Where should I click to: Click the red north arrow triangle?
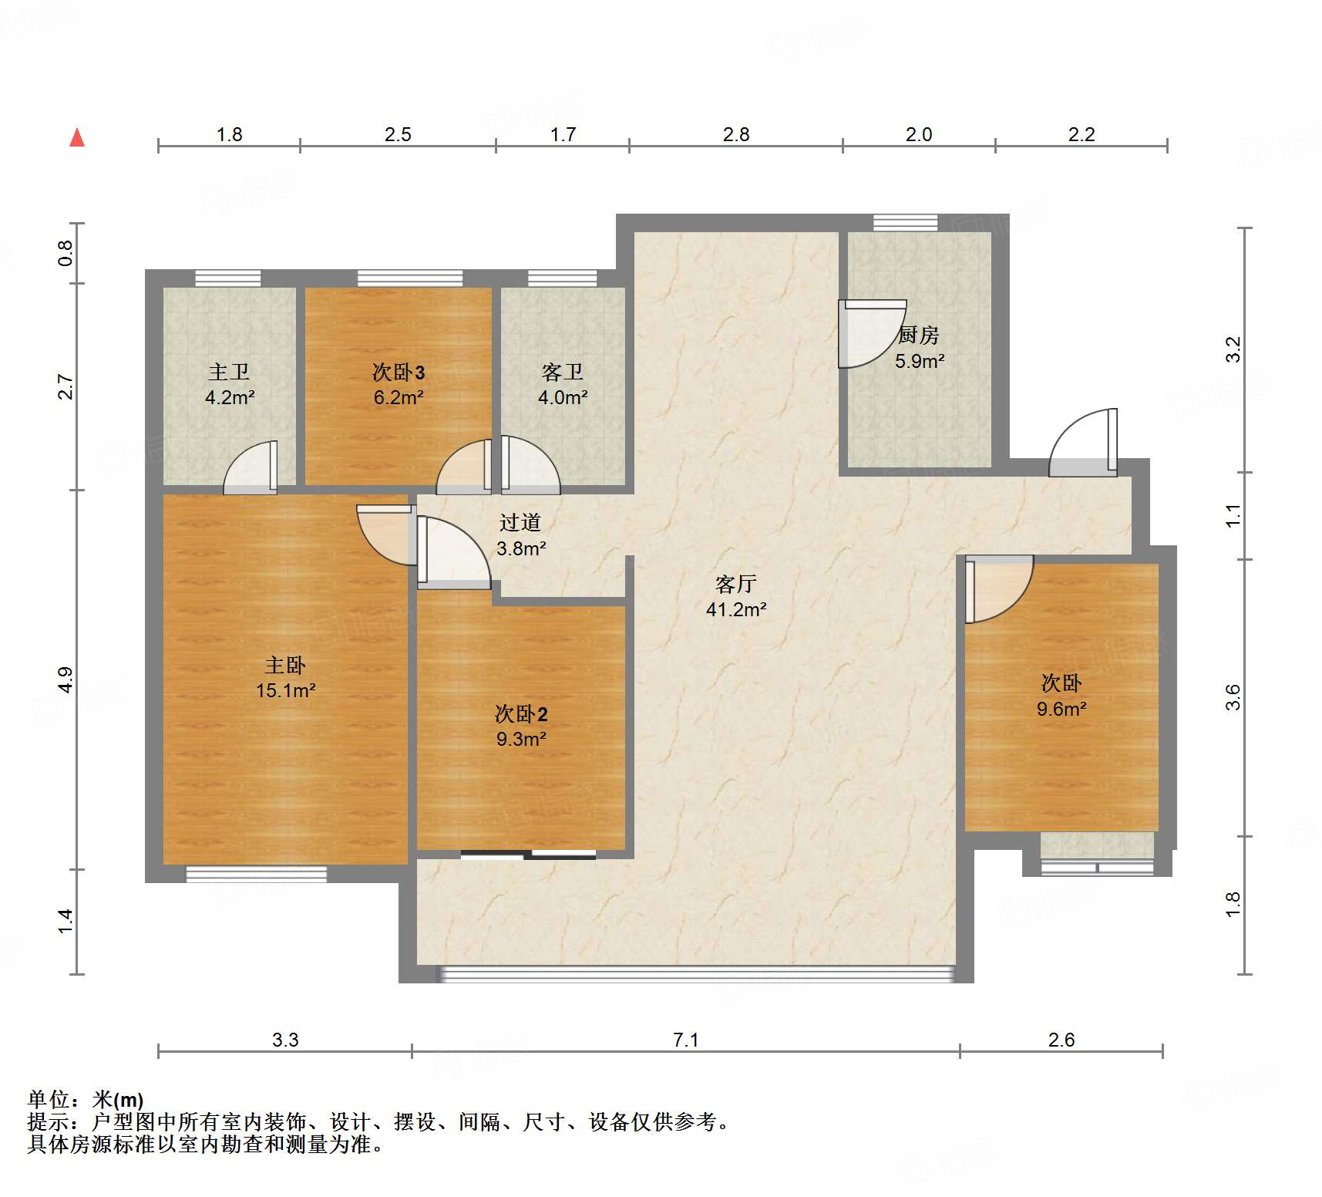(x=77, y=138)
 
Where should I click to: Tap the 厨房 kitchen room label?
(x=918, y=335)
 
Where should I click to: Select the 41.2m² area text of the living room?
(x=736, y=610)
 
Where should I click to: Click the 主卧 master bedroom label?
(x=285, y=665)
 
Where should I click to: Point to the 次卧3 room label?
(x=399, y=373)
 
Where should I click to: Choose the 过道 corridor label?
(x=520, y=523)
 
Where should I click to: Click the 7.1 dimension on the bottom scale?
(x=685, y=1040)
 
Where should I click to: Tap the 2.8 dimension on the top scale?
(x=735, y=135)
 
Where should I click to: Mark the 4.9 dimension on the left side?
(x=66, y=679)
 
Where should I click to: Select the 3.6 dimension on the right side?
(x=1233, y=697)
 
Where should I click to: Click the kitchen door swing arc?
(x=871, y=334)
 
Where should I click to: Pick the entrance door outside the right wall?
(x=1082, y=444)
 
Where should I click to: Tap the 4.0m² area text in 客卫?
(x=563, y=398)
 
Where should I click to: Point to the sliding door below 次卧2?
(x=529, y=855)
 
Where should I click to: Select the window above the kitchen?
(x=906, y=223)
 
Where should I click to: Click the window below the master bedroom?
(x=256, y=874)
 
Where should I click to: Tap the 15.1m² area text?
(x=285, y=690)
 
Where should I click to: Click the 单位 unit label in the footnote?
(x=48, y=1099)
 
